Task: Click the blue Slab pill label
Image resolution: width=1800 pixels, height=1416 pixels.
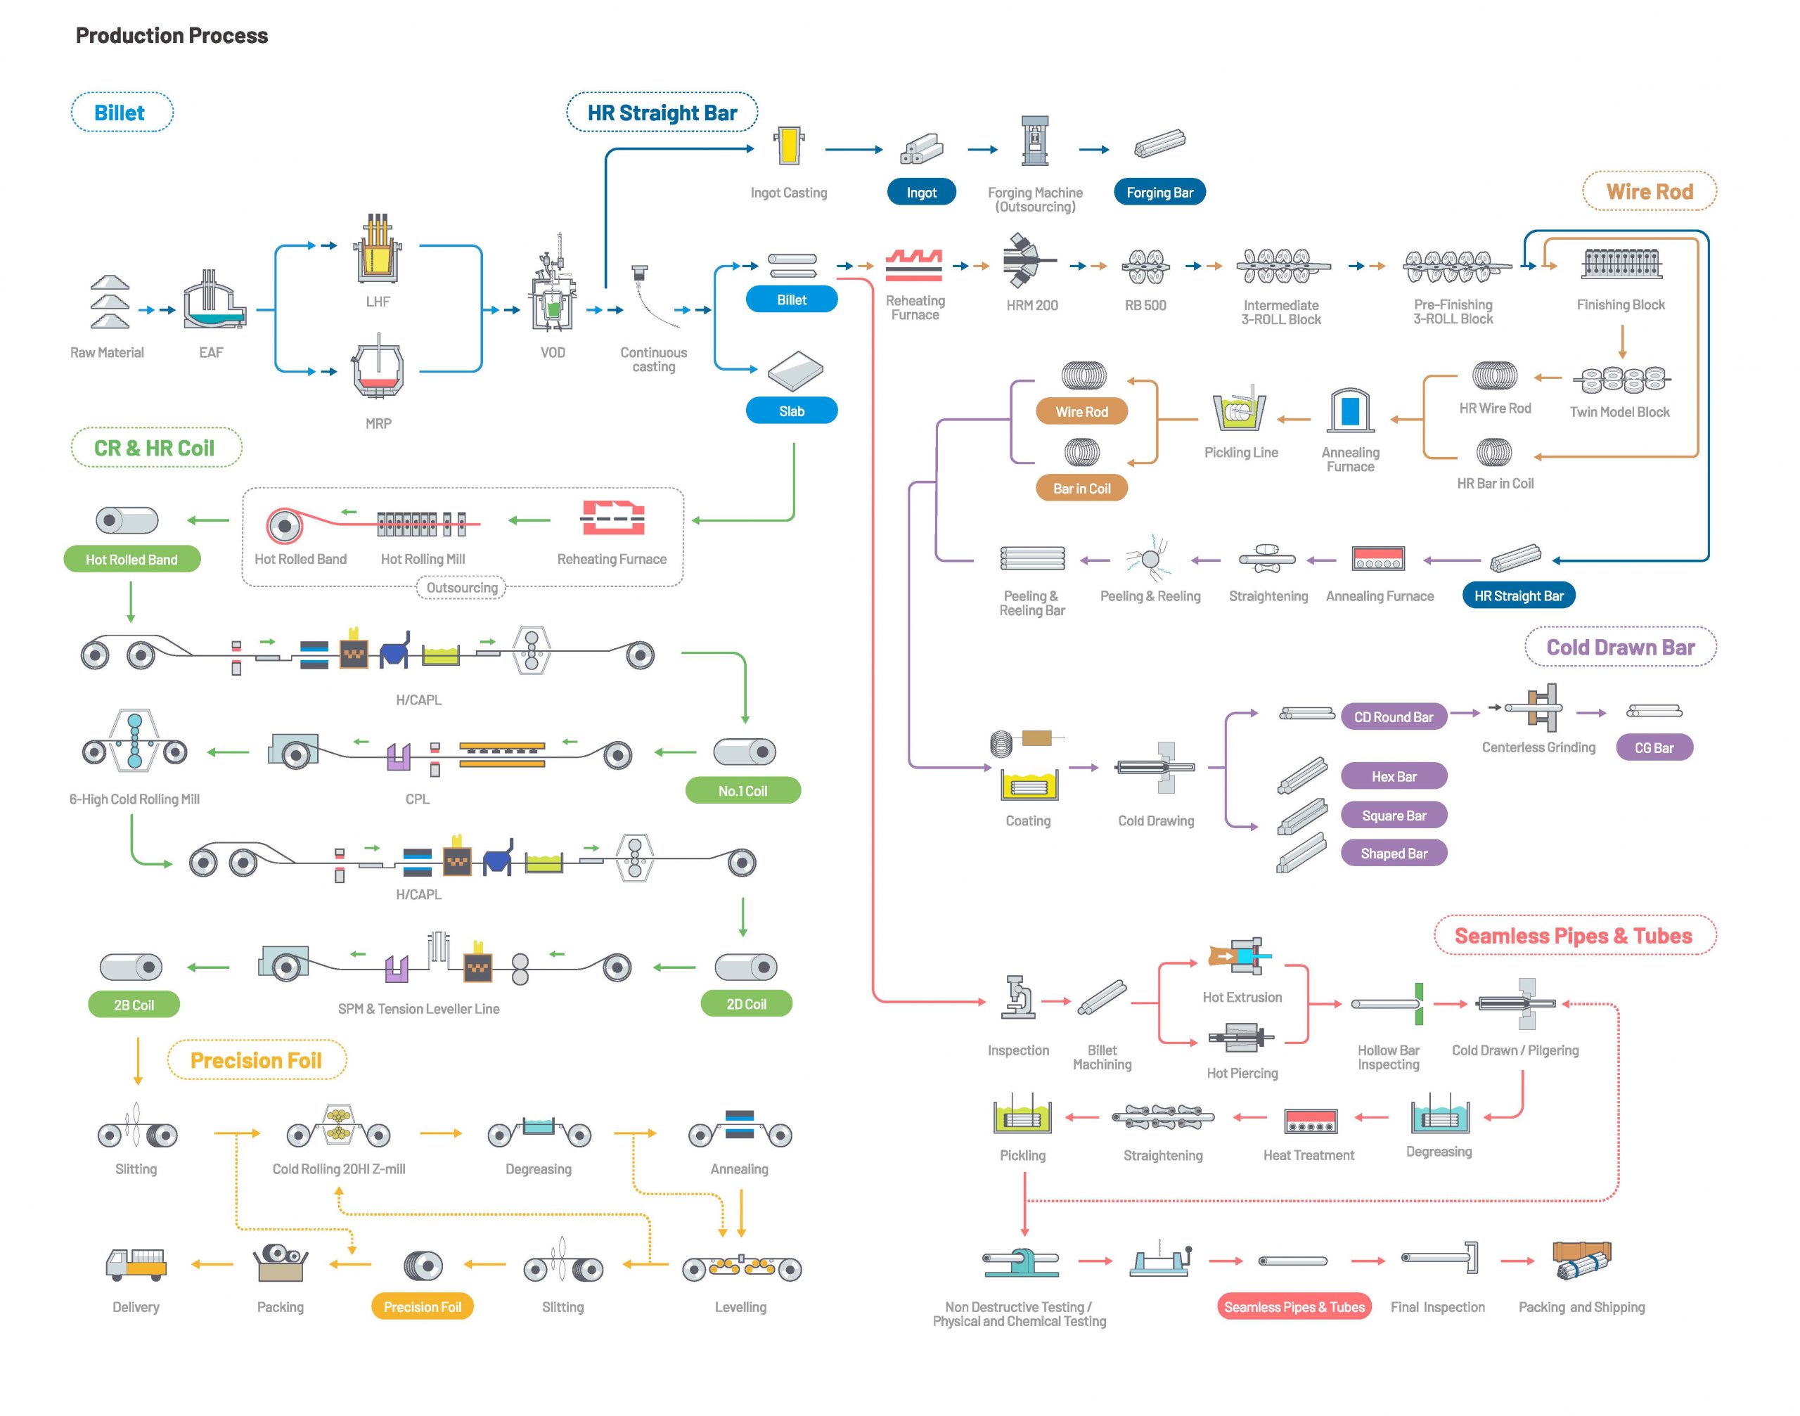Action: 791,411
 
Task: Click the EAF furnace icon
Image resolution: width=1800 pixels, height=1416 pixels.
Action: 214,300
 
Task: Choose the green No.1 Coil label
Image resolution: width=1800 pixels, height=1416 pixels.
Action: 743,790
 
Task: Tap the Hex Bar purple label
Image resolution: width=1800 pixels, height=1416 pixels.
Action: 1394,776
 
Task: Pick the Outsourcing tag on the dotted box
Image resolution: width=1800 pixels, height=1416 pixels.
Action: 462,587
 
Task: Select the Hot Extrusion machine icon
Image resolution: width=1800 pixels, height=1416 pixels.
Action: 1240,957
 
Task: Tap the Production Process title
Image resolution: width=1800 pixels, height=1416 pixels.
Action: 172,36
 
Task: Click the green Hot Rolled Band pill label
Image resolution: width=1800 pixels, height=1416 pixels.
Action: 131,559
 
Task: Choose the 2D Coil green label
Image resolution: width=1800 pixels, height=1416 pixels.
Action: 746,1003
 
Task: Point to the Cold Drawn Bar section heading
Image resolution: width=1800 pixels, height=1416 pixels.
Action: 1620,647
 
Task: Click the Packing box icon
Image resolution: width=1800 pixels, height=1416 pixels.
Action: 281,1263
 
